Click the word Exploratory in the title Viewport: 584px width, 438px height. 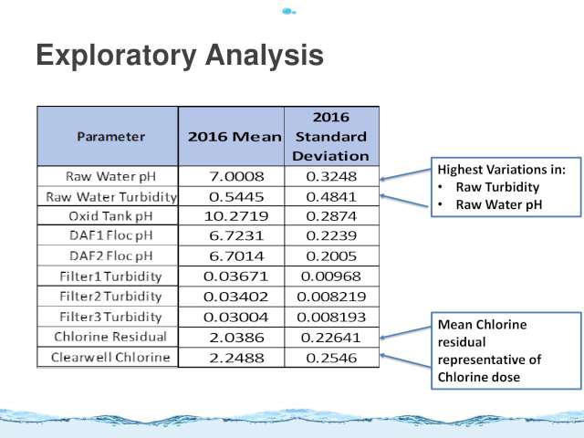[x=117, y=56]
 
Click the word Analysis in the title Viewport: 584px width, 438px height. [x=264, y=55]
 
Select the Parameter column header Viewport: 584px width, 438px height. [x=111, y=137]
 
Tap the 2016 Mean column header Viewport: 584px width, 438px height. [x=235, y=137]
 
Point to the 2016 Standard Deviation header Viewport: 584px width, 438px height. [x=331, y=137]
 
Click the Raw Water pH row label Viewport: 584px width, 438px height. [x=111, y=176]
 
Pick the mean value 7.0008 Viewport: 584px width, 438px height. [x=236, y=176]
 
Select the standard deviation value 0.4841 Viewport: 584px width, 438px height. [x=331, y=196]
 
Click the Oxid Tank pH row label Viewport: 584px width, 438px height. [x=111, y=216]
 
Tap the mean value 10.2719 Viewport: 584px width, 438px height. [x=236, y=216]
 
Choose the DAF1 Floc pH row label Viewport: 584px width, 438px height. [x=111, y=235]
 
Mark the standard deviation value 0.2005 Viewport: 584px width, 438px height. [x=331, y=255]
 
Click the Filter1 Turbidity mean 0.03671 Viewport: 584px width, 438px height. [x=235, y=276]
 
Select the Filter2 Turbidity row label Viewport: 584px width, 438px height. [x=110, y=297]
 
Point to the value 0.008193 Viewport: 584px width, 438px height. [x=331, y=317]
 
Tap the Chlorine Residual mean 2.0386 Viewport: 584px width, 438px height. [x=236, y=338]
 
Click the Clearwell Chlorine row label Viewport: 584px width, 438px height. [x=110, y=358]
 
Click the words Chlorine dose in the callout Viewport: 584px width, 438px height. [x=478, y=377]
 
